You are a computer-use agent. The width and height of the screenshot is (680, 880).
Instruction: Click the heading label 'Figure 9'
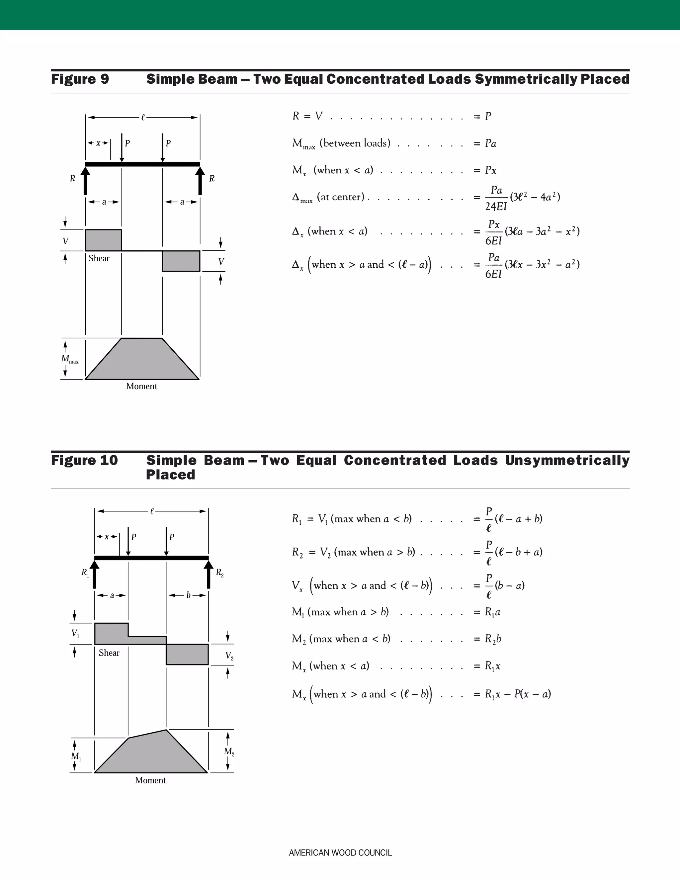point(80,79)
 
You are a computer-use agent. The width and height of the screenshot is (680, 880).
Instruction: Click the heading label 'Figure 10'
point(84,460)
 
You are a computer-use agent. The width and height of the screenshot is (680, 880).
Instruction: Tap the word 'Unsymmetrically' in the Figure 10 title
point(567,460)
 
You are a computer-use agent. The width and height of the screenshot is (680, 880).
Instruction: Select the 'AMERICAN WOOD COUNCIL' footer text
point(340,852)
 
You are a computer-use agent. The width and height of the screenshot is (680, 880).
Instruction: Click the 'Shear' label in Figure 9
point(99,258)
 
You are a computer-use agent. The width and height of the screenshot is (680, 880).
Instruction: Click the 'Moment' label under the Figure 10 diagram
point(150,780)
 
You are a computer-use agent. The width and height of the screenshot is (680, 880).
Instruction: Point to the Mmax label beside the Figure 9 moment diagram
point(70,359)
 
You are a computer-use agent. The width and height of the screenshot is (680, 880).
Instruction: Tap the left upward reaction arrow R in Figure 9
point(85,181)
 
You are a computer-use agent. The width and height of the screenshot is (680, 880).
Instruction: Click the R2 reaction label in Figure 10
point(219,572)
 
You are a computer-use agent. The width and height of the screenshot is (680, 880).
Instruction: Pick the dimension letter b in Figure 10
point(188,595)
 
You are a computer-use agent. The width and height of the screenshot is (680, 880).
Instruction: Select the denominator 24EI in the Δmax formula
point(495,207)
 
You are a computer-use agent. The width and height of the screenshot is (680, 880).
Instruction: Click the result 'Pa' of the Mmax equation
point(490,143)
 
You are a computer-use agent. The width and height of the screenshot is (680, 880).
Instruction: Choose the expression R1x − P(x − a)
point(518,694)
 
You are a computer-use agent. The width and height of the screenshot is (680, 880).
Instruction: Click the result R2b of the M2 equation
point(493,639)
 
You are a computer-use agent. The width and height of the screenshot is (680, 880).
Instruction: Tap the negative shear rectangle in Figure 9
point(181,261)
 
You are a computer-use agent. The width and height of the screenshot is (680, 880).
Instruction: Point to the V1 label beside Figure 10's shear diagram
point(75,633)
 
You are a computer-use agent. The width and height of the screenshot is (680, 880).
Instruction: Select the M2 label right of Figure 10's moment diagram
point(229,751)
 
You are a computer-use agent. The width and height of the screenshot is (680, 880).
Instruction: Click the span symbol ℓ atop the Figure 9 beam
point(142,118)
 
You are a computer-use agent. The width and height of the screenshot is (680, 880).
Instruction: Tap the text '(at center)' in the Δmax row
point(340,197)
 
